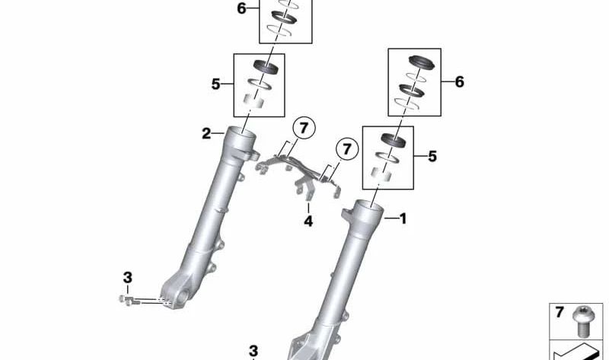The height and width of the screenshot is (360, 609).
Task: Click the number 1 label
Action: pyautogui.click(x=403, y=218)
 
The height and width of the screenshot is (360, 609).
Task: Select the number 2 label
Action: pyautogui.click(x=206, y=134)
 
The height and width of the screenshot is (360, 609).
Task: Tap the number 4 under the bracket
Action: pyautogui.click(x=308, y=221)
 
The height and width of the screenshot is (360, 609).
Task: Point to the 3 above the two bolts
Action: pyautogui.click(x=127, y=278)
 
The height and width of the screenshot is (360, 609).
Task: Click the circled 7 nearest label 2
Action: pyautogui.click(x=304, y=128)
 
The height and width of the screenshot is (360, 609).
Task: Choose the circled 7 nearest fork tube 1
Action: pyautogui.click(x=347, y=148)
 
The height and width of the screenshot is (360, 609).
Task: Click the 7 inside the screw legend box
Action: pyautogui.click(x=559, y=312)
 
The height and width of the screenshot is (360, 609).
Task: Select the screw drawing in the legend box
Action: pyautogui.click(x=581, y=320)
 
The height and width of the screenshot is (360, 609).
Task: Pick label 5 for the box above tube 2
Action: pyautogui.click(x=215, y=84)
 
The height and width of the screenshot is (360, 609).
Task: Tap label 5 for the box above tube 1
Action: pyautogui.click(x=432, y=156)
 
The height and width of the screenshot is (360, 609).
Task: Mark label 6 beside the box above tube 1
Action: pyautogui.click(x=460, y=82)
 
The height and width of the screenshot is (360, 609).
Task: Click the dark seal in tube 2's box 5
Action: pyautogui.click(x=266, y=66)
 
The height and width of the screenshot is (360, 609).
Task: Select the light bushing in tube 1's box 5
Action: pyautogui.click(x=381, y=174)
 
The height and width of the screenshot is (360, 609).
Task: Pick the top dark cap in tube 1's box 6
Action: pyautogui.click(x=422, y=63)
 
